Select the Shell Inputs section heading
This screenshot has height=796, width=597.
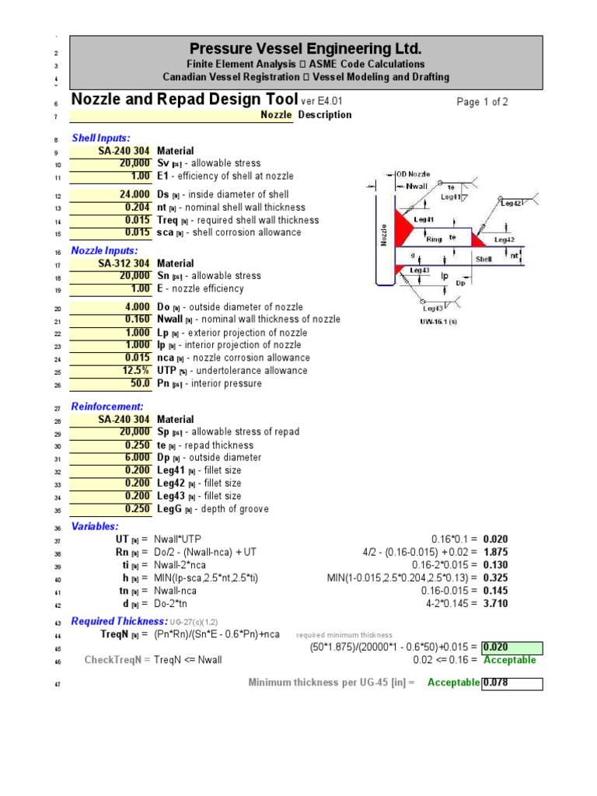click(101, 138)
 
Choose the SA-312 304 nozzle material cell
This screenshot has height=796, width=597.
click(124, 264)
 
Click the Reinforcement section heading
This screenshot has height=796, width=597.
click(107, 407)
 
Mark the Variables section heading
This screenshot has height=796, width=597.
click(95, 526)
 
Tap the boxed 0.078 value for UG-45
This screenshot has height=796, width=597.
click(510, 683)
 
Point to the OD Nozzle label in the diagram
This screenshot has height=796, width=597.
click(413, 175)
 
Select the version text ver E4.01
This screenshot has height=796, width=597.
click(321, 101)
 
